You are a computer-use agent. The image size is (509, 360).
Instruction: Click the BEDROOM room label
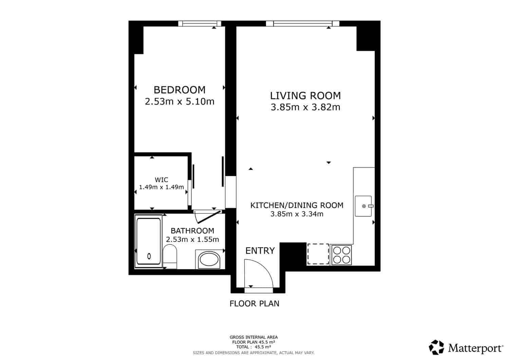180,90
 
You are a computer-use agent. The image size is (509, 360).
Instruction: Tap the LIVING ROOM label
305,96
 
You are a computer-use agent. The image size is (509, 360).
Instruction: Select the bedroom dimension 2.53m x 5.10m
180,101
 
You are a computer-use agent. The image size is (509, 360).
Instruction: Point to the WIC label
161,180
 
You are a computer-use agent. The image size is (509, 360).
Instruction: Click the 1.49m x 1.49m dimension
161,187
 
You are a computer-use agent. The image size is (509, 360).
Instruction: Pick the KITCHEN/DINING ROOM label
297,205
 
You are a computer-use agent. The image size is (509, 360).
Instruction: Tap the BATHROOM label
192,231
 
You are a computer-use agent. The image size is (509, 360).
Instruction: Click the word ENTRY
260,251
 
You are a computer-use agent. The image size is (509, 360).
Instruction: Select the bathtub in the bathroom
149,241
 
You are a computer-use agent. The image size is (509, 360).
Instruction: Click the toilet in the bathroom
170,257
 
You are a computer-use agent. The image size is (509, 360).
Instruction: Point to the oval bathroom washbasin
209,259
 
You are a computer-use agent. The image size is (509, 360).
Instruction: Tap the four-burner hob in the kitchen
341,255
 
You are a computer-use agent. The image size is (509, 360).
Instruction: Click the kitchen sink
363,206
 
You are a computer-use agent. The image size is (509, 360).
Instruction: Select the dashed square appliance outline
318,254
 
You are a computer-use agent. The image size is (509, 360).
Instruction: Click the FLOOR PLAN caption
254,304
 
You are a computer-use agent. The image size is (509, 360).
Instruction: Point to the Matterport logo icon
436,347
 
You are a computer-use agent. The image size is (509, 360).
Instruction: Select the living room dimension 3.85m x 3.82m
305,107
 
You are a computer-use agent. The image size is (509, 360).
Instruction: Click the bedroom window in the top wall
200,24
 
